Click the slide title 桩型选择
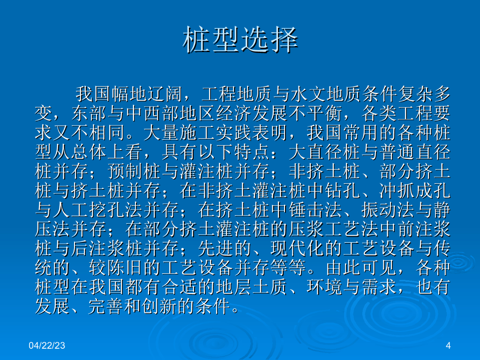click(x=240, y=40)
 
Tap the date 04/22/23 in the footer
click(x=47, y=345)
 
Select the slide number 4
click(x=448, y=345)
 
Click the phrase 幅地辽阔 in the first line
click(x=147, y=94)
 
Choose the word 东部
click(x=89, y=113)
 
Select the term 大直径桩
click(x=324, y=152)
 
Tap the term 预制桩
click(x=134, y=171)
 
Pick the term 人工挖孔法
click(x=97, y=210)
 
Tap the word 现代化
click(x=297, y=248)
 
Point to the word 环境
click(x=324, y=287)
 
